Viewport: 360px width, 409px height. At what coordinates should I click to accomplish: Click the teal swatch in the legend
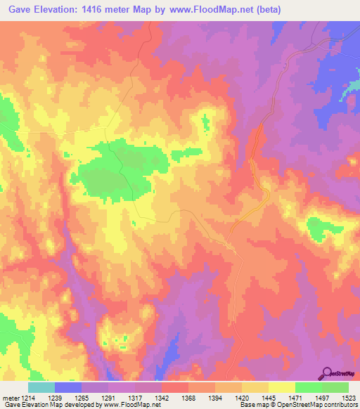pyautogui.click(x=41, y=387)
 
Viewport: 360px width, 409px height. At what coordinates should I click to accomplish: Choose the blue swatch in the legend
pyautogui.click(x=68, y=387)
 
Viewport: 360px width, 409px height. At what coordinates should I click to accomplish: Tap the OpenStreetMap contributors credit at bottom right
pyautogui.click(x=322, y=405)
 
